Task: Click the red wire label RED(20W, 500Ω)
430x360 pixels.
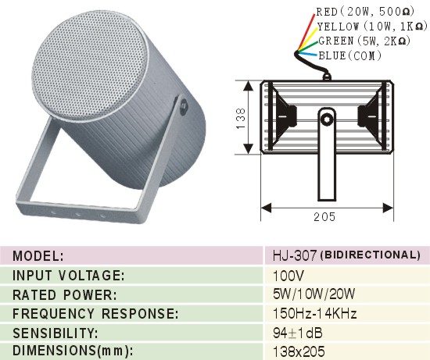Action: pyautogui.click(x=365, y=12)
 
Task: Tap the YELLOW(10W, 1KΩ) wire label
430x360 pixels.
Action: pyautogui.click(x=372, y=27)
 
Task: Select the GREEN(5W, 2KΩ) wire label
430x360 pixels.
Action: pyautogui.click(x=364, y=41)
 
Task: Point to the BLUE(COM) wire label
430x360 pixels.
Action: pyautogui.click(x=350, y=55)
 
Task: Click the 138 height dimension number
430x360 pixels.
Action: pyautogui.click(x=241, y=119)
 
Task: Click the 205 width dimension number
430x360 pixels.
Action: pyautogui.click(x=324, y=217)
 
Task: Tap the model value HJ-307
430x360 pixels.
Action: pyautogui.click(x=295, y=255)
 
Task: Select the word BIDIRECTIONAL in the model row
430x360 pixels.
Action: pyautogui.click(x=371, y=255)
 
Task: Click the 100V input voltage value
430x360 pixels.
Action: pyautogui.click(x=288, y=276)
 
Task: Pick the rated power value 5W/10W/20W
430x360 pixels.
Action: pyautogui.click(x=314, y=294)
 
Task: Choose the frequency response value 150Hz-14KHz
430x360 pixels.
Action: pyautogui.click(x=315, y=313)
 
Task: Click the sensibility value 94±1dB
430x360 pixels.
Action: pyautogui.click(x=298, y=333)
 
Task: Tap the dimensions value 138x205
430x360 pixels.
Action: pyautogui.click(x=299, y=351)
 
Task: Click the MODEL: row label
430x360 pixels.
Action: pyautogui.click(x=38, y=256)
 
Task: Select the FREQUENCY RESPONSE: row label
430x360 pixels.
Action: pyautogui.click(x=95, y=313)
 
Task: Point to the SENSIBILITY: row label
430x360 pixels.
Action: pyautogui.click(x=56, y=333)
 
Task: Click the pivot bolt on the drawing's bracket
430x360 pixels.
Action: pyautogui.click(x=327, y=119)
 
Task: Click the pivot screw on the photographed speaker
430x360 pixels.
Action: pyautogui.click(x=183, y=105)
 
